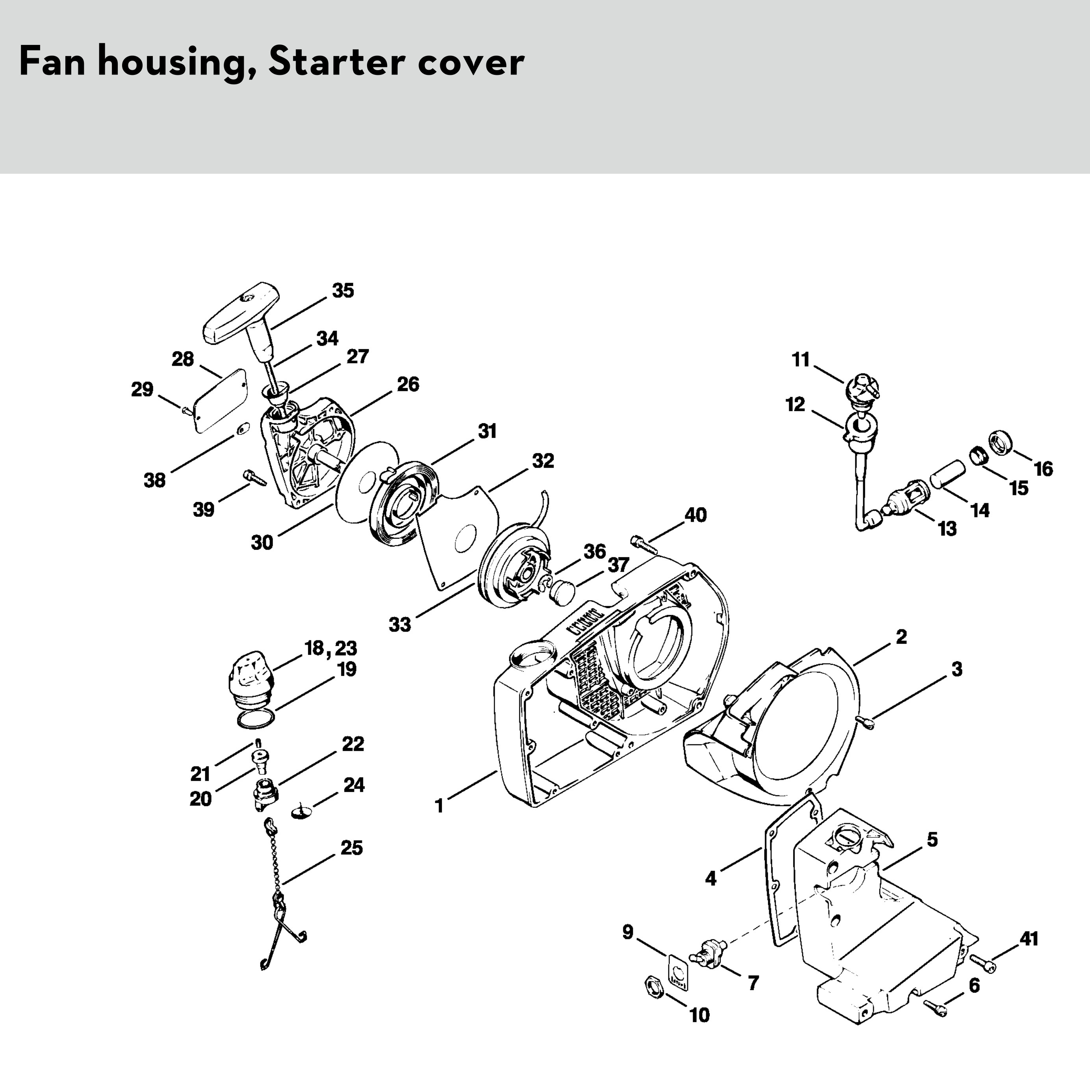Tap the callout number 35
click(x=343, y=291)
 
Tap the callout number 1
click(x=439, y=806)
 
